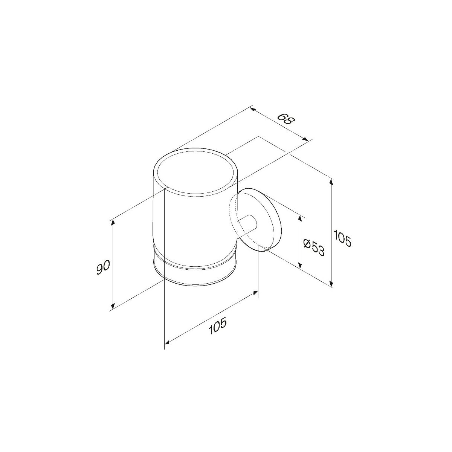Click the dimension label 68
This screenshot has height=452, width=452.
[286, 121]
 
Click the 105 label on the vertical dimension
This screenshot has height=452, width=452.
[343, 239]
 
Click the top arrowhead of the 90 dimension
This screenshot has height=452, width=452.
[113, 223]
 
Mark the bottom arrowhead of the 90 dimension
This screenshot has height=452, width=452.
[113, 305]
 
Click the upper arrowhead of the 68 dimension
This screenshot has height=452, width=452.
[253, 110]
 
